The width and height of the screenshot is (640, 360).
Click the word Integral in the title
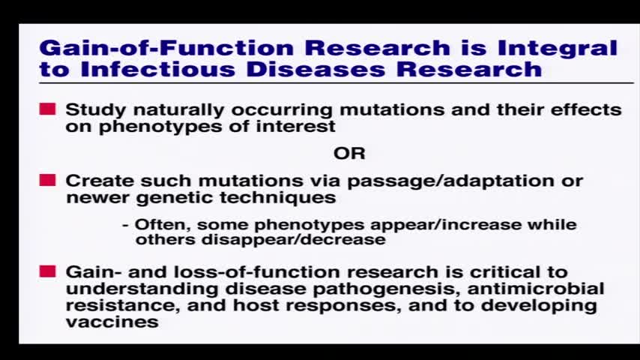pos(557,48)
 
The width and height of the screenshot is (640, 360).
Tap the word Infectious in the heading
pos(157,69)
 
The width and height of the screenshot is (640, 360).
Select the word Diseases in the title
pos(316,69)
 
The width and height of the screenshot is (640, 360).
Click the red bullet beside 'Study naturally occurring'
pos(48,109)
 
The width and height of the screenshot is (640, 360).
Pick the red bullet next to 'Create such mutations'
pos(48,180)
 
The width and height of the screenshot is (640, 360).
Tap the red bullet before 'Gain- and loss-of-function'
pos(48,271)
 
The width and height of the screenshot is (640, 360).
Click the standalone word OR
pos(349,154)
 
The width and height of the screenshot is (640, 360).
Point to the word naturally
pos(178,110)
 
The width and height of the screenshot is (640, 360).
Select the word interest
pos(295,126)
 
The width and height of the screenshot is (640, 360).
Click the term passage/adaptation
pos(451,181)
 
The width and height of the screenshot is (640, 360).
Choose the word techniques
pos(277,198)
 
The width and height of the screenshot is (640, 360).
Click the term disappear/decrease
pos(294,239)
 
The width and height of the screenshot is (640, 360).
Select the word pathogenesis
pos(384,289)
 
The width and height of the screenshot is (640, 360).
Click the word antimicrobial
pos(536,289)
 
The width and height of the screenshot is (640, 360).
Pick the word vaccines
pos(112,322)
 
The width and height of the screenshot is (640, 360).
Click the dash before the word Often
pos(126,226)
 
